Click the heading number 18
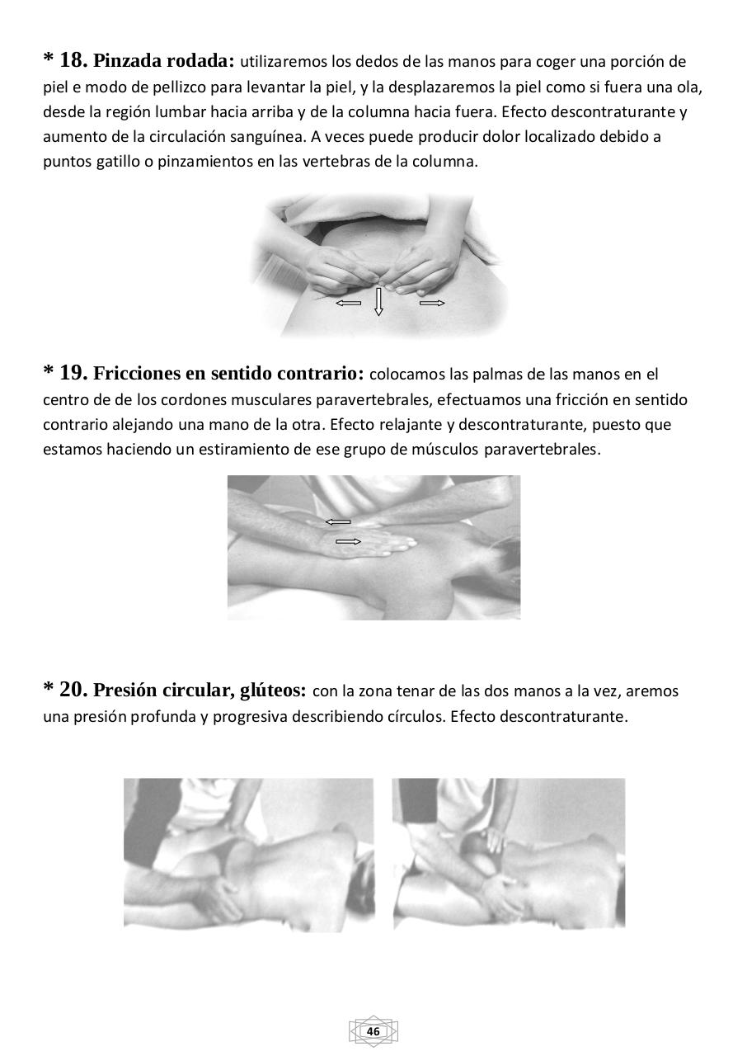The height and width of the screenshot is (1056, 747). click(73, 60)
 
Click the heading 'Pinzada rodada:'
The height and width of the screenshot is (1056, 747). click(164, 61)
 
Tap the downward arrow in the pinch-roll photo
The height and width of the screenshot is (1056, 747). click(378, 301)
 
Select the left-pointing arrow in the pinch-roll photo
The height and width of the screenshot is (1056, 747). click(348, 303)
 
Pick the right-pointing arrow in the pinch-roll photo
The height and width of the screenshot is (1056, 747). click(432, 303)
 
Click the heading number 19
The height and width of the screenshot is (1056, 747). click(73, 373)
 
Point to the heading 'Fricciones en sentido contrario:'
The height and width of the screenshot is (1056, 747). click(228, 374)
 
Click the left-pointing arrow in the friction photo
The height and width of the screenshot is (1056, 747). click(337, 521)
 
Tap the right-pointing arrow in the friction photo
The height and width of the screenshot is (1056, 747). click(348, 541)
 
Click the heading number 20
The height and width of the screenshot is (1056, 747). click(73, 690)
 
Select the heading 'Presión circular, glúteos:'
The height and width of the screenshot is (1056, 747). click(200, 691)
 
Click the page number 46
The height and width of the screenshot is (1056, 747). click(373, 1031)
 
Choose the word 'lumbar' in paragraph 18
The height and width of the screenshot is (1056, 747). click(178, 111)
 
